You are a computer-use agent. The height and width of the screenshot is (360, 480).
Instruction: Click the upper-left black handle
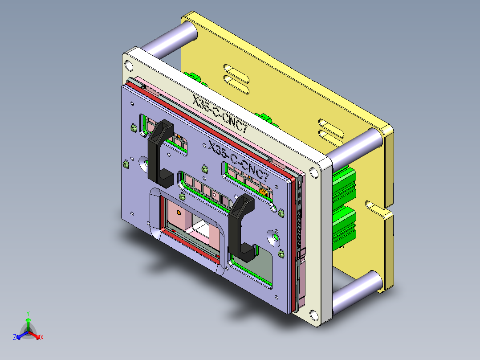coord(157,151)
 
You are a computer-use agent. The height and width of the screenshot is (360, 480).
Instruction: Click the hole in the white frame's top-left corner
coord(129,65)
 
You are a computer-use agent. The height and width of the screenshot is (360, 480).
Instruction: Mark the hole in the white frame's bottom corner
coord(315,315)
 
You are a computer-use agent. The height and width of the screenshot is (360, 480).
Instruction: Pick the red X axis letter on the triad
coord(42,338)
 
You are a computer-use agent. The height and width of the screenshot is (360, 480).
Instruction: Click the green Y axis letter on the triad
coord(28,313)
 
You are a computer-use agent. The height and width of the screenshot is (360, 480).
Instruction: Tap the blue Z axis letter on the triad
coord(15,338)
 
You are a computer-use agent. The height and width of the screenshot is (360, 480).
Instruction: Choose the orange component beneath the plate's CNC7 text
coord(263,192)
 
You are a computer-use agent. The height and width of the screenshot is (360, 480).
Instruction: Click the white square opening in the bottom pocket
coord(203,230)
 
